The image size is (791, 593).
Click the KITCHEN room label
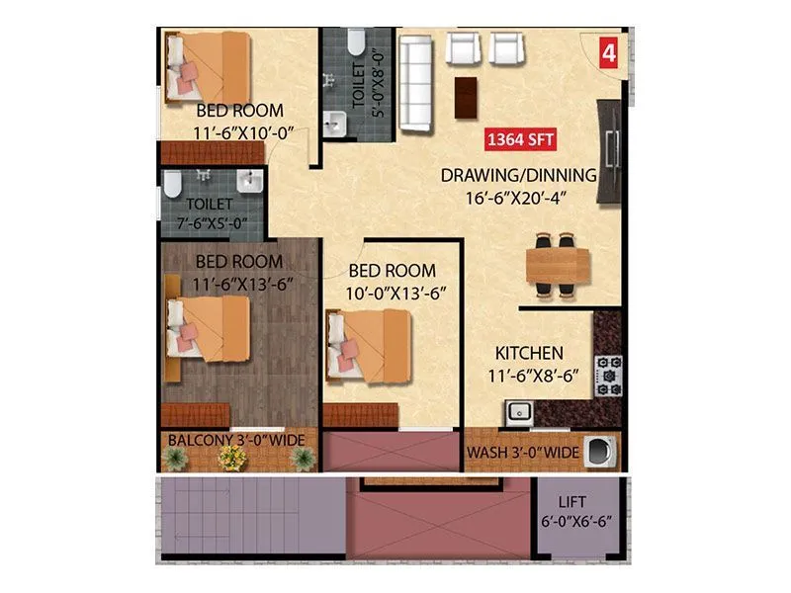coord(529,353)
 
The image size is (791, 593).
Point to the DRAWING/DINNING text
coord(518,176)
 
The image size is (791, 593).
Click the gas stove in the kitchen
coord(606,374)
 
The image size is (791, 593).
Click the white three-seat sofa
coord(415,84)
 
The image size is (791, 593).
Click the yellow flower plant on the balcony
coord(231,457)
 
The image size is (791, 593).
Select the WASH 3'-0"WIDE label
coord(522,454)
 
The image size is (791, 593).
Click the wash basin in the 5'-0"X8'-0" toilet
coord(337,123)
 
